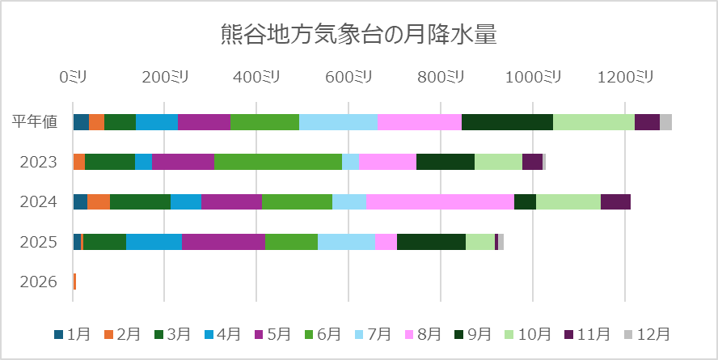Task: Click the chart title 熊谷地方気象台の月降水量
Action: point(358,35)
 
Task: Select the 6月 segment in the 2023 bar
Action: point(278,162)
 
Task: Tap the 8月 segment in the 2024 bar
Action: point(440,201)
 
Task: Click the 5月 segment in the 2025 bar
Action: point(223,242)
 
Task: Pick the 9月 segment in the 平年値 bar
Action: point(507,122)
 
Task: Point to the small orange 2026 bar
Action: point(74,282)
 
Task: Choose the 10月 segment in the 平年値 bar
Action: point(593,122)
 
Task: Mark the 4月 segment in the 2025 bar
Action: point(154,242)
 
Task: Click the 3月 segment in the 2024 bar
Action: point(140,201)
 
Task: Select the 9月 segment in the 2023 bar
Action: point(445,162)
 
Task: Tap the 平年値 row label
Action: point(35,122)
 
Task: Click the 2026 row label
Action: point(39,282)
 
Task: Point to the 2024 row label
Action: point(39,202)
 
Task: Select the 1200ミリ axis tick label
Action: point(624,77)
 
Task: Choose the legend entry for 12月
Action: point(646,334)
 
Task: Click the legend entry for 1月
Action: point(72,334)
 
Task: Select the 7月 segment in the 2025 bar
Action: point(346,242)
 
